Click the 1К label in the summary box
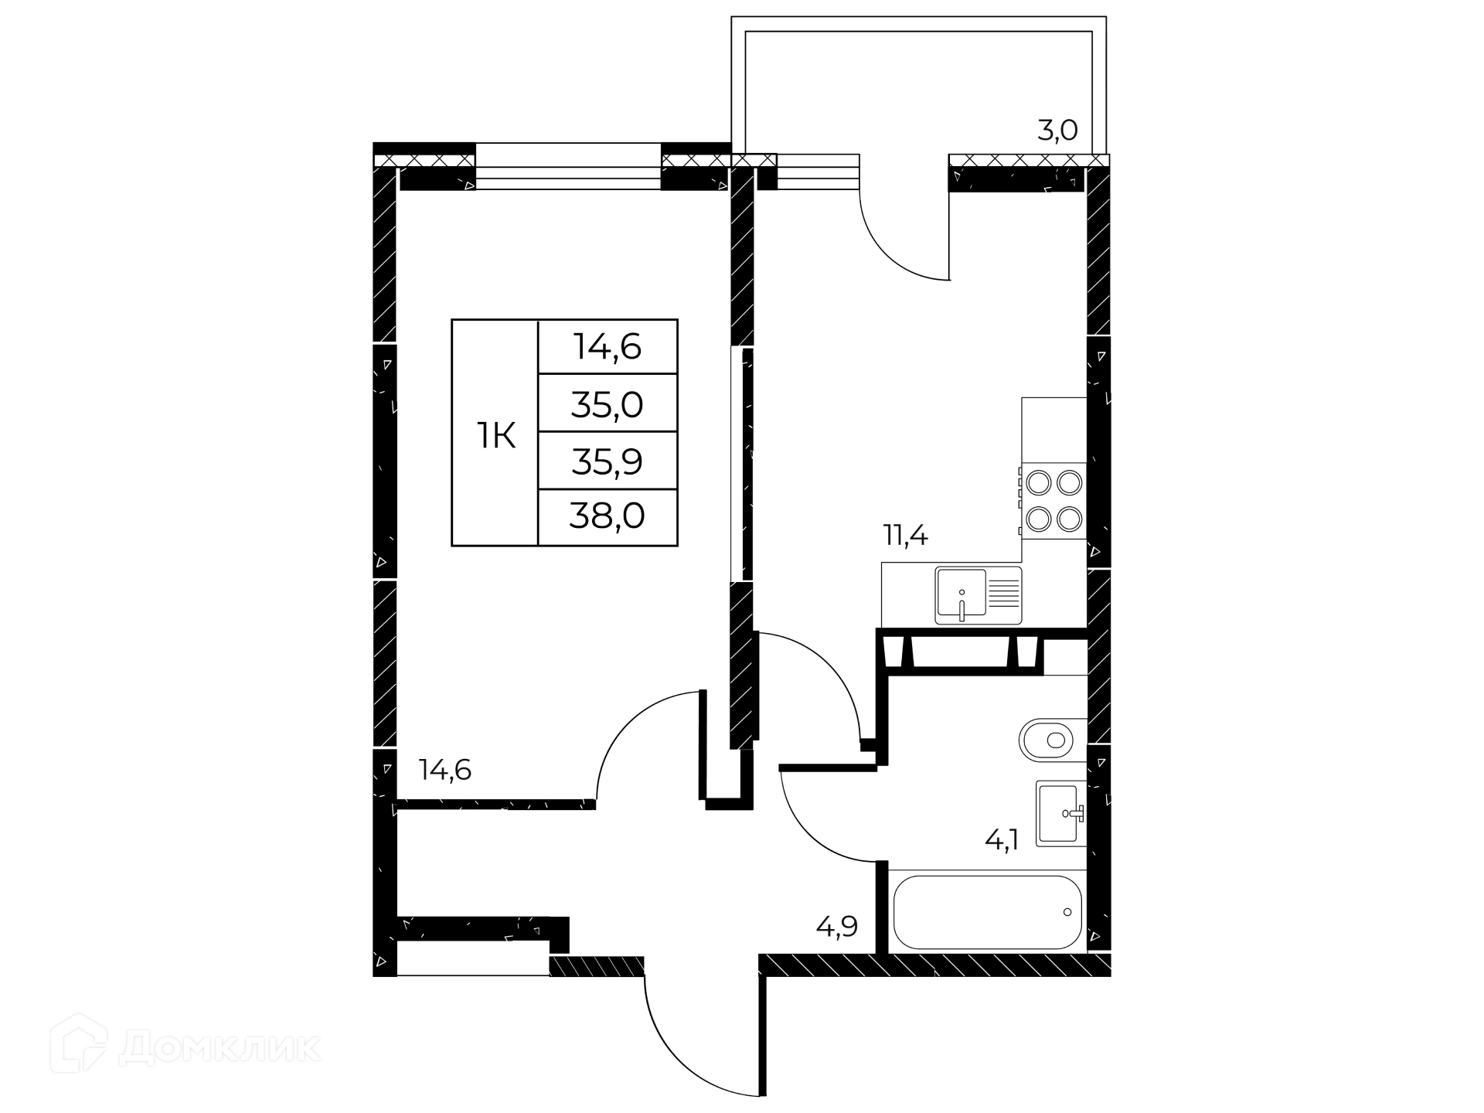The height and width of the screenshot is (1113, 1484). click(x=495, y=436)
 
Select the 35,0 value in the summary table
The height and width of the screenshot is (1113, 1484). click(x=607, y=404)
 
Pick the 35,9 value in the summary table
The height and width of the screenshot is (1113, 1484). click(x=607, y=461)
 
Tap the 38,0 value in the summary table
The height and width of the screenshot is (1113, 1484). click(x=607, y=516)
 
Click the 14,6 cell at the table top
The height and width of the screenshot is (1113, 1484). click(x=607, y=347)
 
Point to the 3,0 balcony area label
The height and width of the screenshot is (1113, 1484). click(x=1057, y=131)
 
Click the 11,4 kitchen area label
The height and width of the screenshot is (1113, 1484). click(x=905, y=535)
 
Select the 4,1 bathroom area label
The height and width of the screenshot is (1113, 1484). click(x=1002, y=839)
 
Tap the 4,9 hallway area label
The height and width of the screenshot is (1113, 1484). click(x=837, y=926)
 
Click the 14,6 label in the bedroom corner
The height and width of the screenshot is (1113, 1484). click(x=445, y=770)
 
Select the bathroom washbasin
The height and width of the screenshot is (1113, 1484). click(x=1060, y=813)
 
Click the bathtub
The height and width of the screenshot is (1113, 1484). click(x=987, y=912)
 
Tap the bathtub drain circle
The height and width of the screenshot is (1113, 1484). click(x=1067, y=912)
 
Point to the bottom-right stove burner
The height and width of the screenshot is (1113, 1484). click(x=1070, y=519)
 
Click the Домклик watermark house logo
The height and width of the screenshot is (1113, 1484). click(x=79, y=1043)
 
